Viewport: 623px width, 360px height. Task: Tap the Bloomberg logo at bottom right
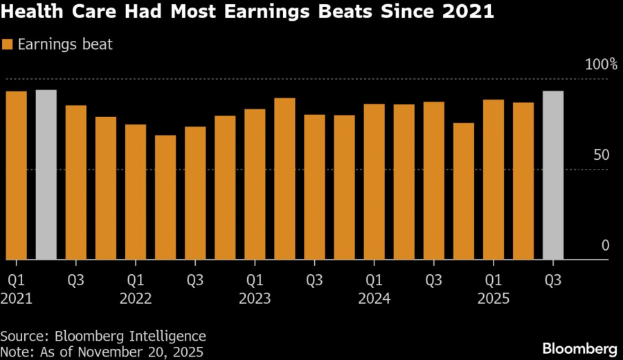(x=579, y=348)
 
